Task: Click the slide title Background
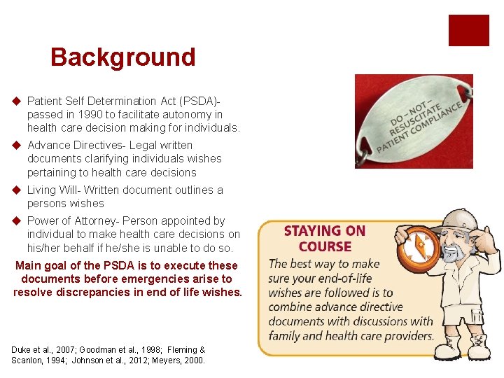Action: coord(122,57)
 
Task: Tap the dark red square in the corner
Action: coord(468,30)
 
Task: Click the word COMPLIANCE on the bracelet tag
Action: coord(436,123)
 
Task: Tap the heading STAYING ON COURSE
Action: coord(325,238)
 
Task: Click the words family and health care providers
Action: coord(351,335)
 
